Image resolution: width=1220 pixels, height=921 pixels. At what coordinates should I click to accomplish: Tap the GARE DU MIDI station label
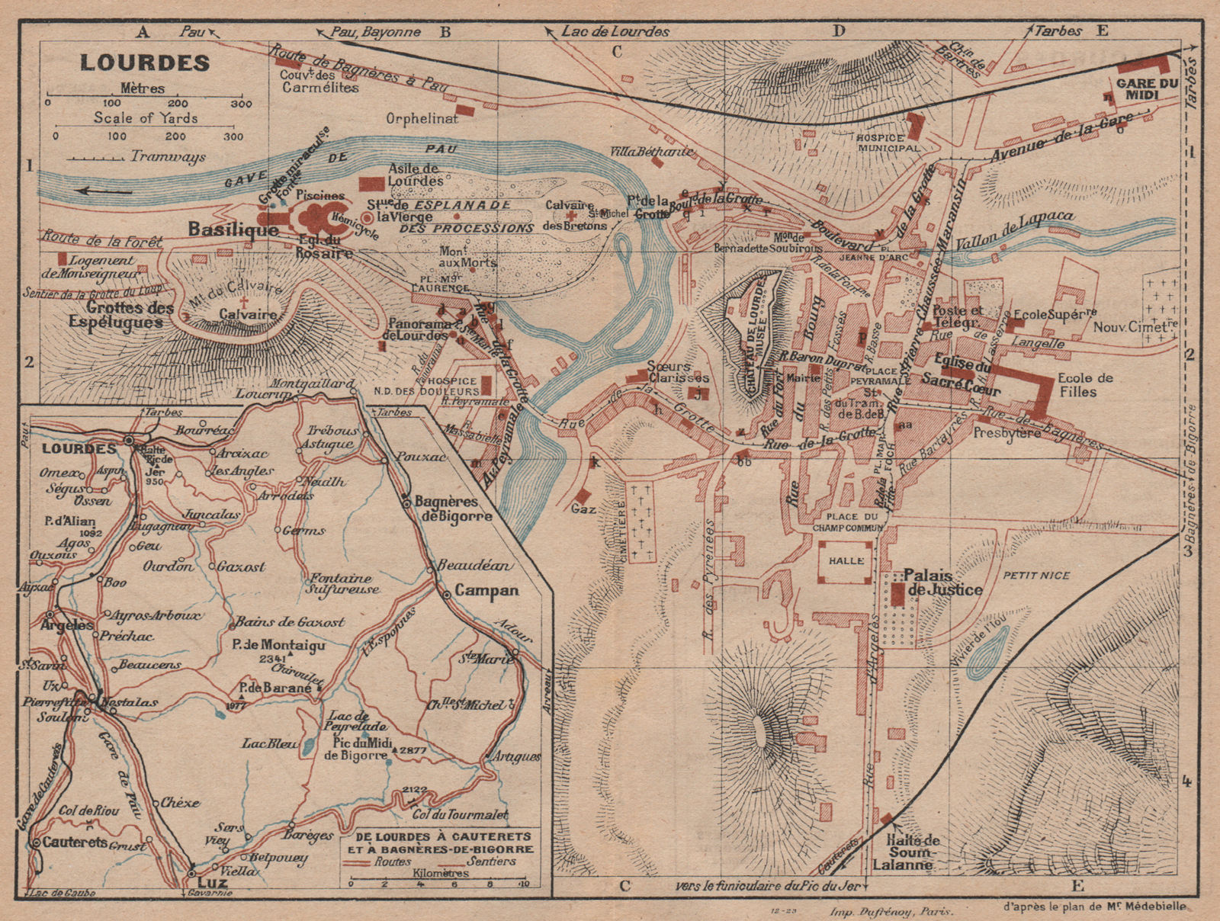[1147, 88]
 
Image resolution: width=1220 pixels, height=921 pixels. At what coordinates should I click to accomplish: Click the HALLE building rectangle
[846, 560]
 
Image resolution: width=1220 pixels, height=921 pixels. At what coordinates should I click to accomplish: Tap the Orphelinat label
[422, 118]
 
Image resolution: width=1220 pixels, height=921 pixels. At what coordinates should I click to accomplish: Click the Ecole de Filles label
[1085, 385]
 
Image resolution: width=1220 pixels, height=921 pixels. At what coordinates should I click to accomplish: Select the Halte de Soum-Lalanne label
[913, 852]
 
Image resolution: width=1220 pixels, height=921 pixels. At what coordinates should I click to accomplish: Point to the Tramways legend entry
[168, 156]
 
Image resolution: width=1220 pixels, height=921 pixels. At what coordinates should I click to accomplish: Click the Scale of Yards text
[146, 117]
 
